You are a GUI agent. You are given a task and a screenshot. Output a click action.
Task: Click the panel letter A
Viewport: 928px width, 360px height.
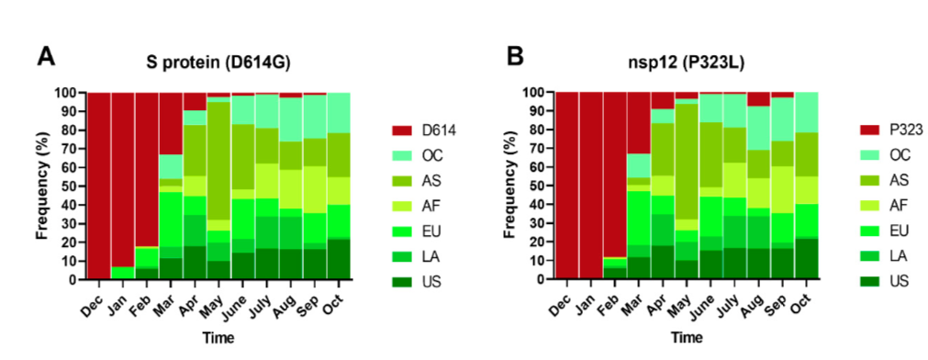point(47,57)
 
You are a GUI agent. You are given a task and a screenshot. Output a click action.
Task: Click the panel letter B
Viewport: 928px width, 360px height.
point(516,57)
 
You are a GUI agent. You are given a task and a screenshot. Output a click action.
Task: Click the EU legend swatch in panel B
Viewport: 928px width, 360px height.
point(869,227)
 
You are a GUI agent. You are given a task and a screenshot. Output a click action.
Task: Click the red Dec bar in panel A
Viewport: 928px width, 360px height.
point(99,186)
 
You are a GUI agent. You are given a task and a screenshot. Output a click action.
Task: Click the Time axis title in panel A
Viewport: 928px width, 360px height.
point(218,338)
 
